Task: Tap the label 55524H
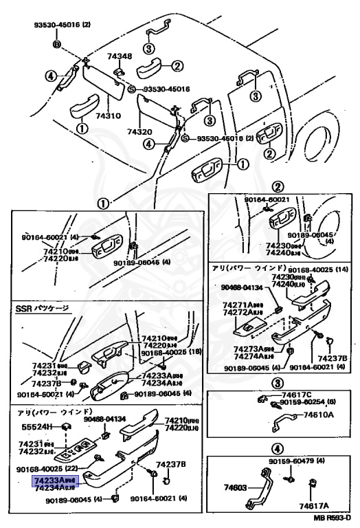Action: click(37, 427)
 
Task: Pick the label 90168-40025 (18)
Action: click(170, 353)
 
